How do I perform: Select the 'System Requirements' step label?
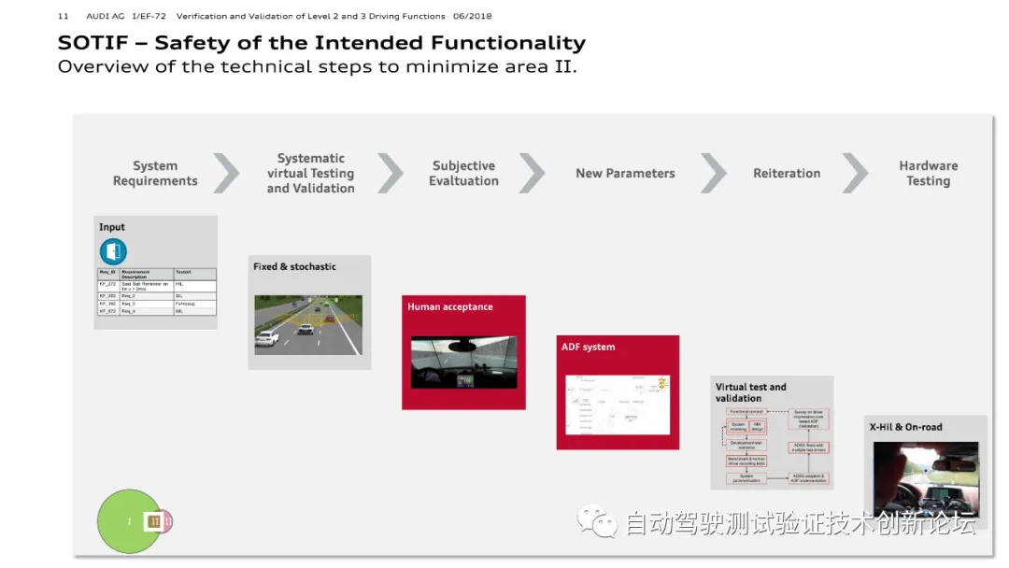coord(155,174)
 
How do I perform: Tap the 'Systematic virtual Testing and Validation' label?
coord(310,174)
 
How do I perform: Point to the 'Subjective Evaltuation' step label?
coord(463,174)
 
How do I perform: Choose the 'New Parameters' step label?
coord(625,174)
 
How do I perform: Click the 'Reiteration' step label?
coord(787,174)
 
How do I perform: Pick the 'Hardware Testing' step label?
coord(928,174)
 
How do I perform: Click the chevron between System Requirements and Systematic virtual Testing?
coord(226,173)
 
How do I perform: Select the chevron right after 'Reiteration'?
coord(855,173)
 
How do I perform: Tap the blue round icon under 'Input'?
coord(113,251)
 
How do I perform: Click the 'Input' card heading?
coord(112,227)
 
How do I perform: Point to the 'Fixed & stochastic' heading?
coord(294,267)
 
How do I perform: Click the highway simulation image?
coord(308,325)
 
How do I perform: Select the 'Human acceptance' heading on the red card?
coord(449,306)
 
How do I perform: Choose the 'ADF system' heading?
coord(588,348)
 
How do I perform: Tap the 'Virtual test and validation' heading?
coord(750,392)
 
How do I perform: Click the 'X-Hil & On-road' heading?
coord(905,427)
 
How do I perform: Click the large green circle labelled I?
coord(127,521)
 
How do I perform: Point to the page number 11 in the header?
coord(63,16)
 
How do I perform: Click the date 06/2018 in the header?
coord(472,16)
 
